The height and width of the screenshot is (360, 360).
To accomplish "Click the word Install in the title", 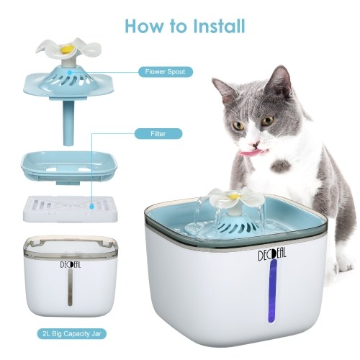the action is pyautogui.click(x=219, y=26).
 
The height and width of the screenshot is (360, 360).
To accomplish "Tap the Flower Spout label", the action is pyautogui.click(x=166, y=72).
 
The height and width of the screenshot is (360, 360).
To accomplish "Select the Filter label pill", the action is pyautogui.click(x=158, y=134).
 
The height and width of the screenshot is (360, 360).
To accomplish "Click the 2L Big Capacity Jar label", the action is pyautogui.click(x=72, y=333).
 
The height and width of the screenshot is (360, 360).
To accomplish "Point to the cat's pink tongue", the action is pyautogui.click(x=251, y=153).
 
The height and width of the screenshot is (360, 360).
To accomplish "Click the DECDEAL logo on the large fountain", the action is pyautogui.click(x=272, y=254).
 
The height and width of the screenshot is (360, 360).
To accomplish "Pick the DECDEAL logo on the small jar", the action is pyautogui.click(x=71, y=265).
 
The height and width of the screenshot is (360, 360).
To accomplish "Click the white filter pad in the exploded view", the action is pyautogui.click(x=71, y=209).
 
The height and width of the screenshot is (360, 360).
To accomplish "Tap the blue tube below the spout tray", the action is pyautogui.click(x=69, y=123).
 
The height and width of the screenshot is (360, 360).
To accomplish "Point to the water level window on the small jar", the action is pyautogui.click(x=70, y=287).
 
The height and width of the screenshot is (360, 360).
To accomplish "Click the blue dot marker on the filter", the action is pyautogui.click(x=91, y=206).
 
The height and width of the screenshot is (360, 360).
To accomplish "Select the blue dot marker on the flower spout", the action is pyautogui.click(x=70, y=71).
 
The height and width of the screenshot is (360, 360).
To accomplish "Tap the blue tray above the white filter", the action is pyautogui.click(x=69, y=167).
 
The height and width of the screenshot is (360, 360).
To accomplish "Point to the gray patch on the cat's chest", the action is pyautogui.click(x=282, y=166).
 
